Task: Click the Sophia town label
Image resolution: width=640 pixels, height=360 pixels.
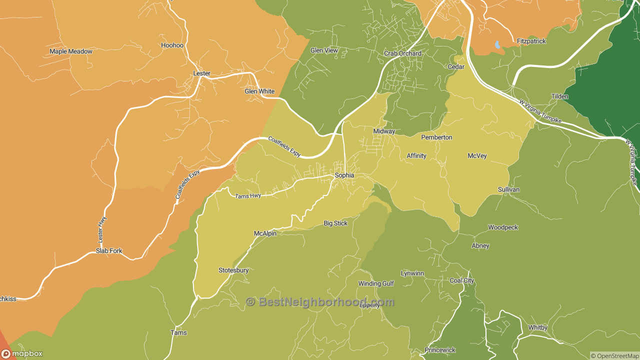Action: point(344,175)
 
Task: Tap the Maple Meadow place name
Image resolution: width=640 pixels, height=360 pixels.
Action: point(71,51)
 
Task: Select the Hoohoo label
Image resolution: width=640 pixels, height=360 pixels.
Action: point(172,45)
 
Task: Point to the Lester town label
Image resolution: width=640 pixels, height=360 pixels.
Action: point(201,73)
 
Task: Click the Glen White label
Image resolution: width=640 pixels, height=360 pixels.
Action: point(259,91)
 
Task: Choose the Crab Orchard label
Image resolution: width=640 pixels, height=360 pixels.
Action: point(402,53)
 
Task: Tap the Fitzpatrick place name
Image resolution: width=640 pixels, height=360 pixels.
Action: point(531,41)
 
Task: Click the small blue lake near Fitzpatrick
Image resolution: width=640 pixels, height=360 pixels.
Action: point(497,45)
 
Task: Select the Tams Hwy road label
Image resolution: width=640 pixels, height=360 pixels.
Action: point(248,196)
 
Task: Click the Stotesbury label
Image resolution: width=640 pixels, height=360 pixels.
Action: point(233,270)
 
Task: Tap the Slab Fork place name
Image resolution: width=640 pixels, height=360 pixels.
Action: point(109,251)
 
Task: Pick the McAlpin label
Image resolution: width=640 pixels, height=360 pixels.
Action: point(265,233)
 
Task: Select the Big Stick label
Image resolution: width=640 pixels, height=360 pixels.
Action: point(335,223)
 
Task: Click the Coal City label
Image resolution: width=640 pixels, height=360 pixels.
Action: point(462,280)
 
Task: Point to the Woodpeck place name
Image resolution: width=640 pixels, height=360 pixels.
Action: point(503,227)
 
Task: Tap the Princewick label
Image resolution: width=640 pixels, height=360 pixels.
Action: point(440,350)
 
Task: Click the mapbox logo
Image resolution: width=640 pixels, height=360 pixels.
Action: point(22,353)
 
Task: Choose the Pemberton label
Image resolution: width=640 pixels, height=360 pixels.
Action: point(436,137)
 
